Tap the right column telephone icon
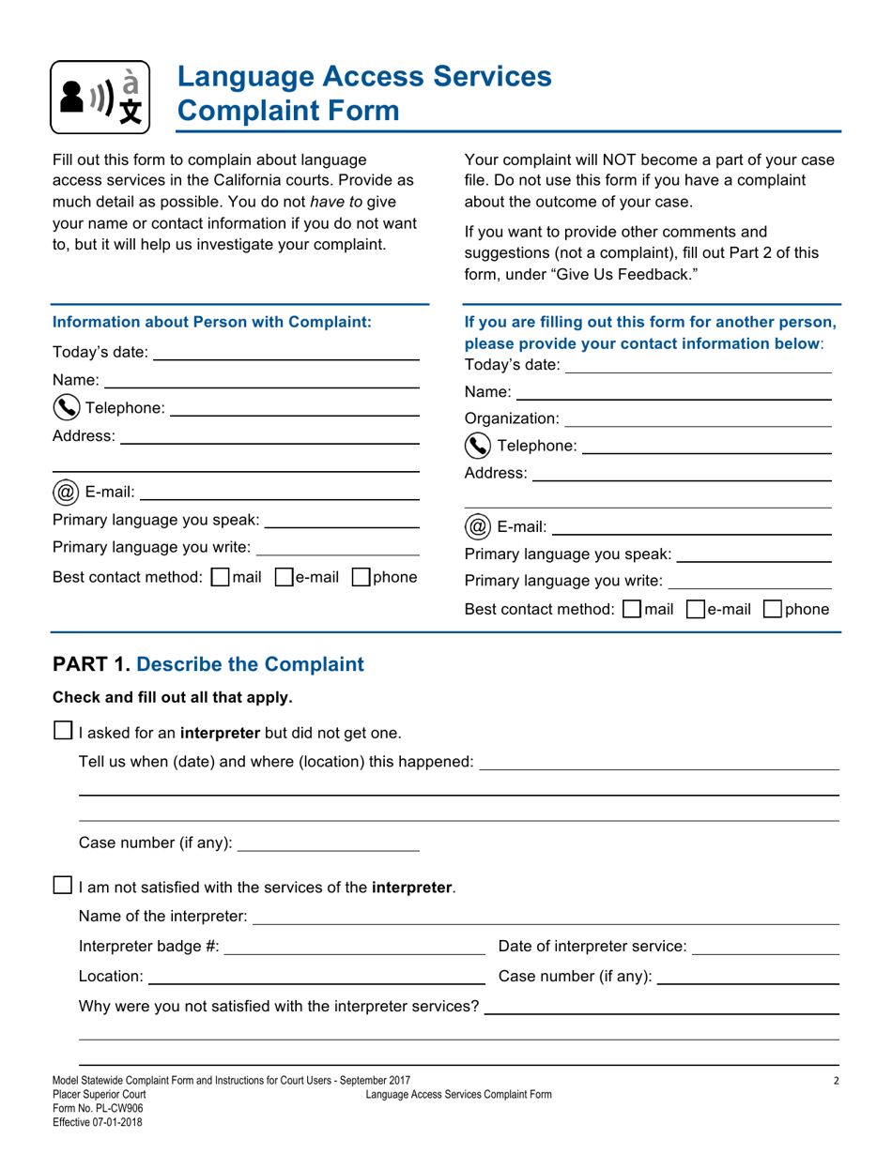pos(476,446)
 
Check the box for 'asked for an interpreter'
pos(63,731)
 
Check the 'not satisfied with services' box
pos(63,885)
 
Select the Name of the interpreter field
pos(545,915)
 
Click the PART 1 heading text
pos(208,665)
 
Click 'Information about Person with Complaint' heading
pos(212,322)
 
